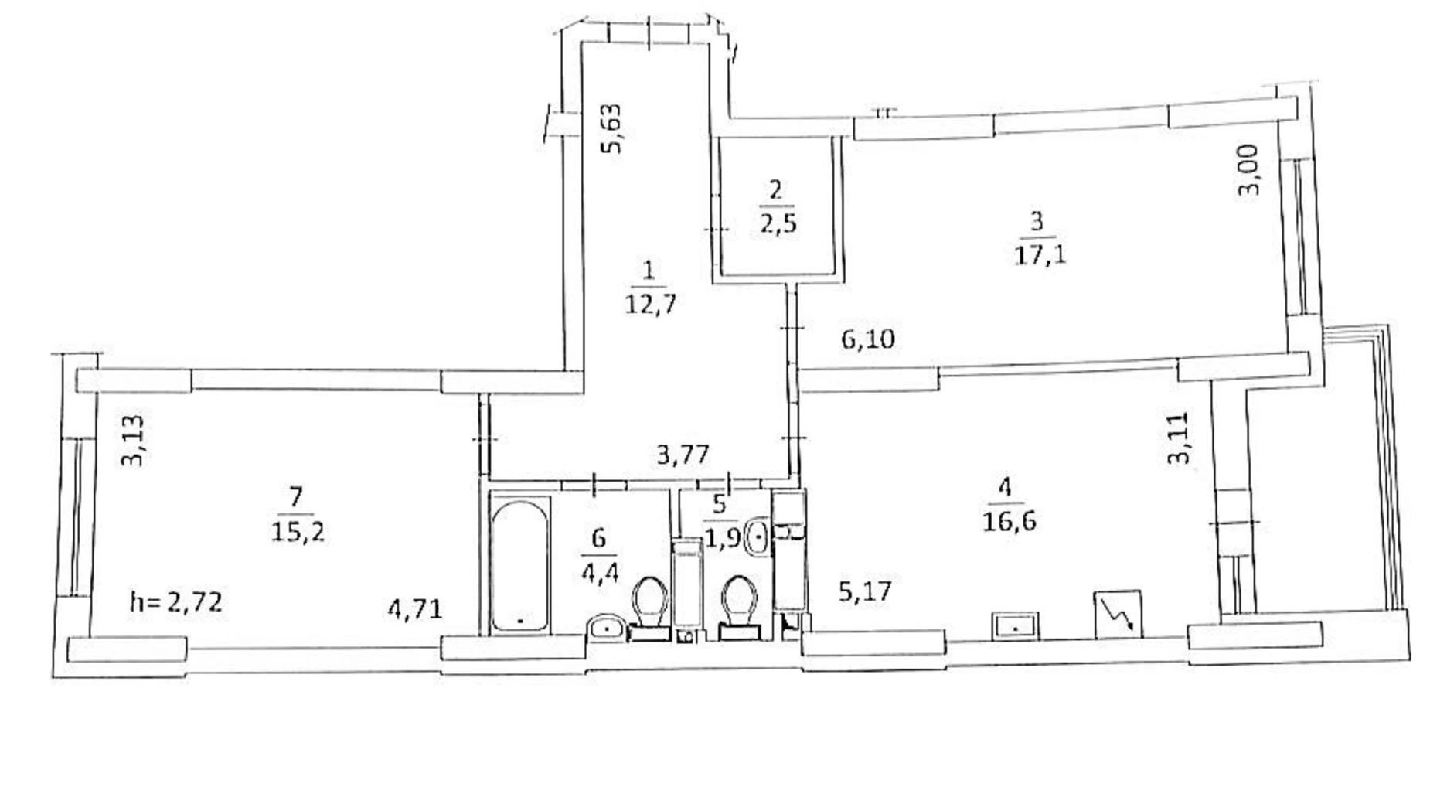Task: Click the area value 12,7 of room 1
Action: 650,304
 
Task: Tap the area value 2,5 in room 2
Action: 778,223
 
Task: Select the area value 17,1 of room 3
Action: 1040,254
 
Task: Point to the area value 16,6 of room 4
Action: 1009,521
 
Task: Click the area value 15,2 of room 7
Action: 298,531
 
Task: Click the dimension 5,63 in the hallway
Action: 612,128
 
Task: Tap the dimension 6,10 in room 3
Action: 868,339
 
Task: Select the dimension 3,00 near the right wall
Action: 1249,170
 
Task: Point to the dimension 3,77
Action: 683,454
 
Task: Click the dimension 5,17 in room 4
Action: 865,592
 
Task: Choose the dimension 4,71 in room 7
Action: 415,610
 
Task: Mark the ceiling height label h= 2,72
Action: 176,601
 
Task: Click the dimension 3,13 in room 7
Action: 132,441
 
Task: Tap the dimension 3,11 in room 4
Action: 1178,438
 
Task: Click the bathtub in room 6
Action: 520,565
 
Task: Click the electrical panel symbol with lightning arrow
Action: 1118,615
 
